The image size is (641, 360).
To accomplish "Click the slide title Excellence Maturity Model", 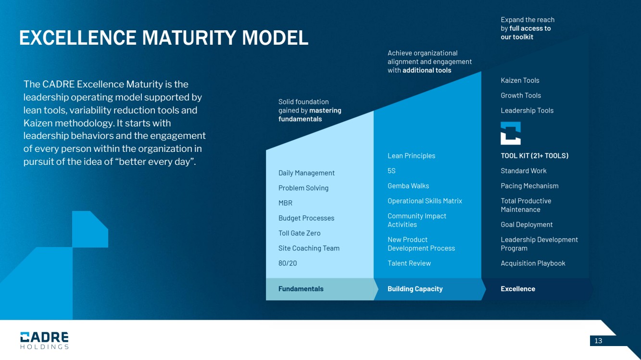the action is click(163, 38).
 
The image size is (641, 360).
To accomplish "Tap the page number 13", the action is click(598, 341).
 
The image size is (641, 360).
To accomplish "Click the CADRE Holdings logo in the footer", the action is click(44, 340).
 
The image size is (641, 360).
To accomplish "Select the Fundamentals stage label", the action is click(301, 289).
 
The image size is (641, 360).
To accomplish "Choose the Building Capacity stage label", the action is click(415, 289).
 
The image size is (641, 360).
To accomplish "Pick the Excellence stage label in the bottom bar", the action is click(518, 289).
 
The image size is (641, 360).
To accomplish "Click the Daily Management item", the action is click(306, 173).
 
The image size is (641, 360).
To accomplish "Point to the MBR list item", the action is click(285, 203).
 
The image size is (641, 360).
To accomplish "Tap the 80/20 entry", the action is click(288, 263).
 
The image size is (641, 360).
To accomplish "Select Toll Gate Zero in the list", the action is click(299, 233).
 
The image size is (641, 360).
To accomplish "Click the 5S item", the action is click(391, 171).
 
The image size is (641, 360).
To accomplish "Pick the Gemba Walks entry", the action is click(408, 186).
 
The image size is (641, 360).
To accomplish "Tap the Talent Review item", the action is click(409, 263).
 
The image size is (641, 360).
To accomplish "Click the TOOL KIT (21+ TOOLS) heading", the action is click(534, 156).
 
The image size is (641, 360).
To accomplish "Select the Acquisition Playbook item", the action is click(533, 263).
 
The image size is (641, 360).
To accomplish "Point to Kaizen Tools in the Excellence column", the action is click(520, 80).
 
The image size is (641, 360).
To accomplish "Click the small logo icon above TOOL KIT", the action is click(511, 133).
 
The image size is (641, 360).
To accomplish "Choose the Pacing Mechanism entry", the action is click(529, 186).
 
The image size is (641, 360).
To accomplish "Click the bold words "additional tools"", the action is click(427, 70).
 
